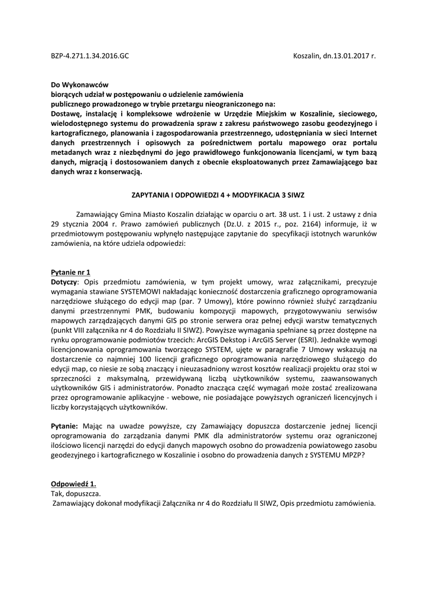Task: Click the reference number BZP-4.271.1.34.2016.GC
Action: click(89, 57)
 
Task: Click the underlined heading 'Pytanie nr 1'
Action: click(70, 272)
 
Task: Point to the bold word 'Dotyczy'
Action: click(63, 282)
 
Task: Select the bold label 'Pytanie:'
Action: click(64, 426)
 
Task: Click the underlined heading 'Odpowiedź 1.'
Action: click(73, 483)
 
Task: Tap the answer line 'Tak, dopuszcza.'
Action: click(75, 493)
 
